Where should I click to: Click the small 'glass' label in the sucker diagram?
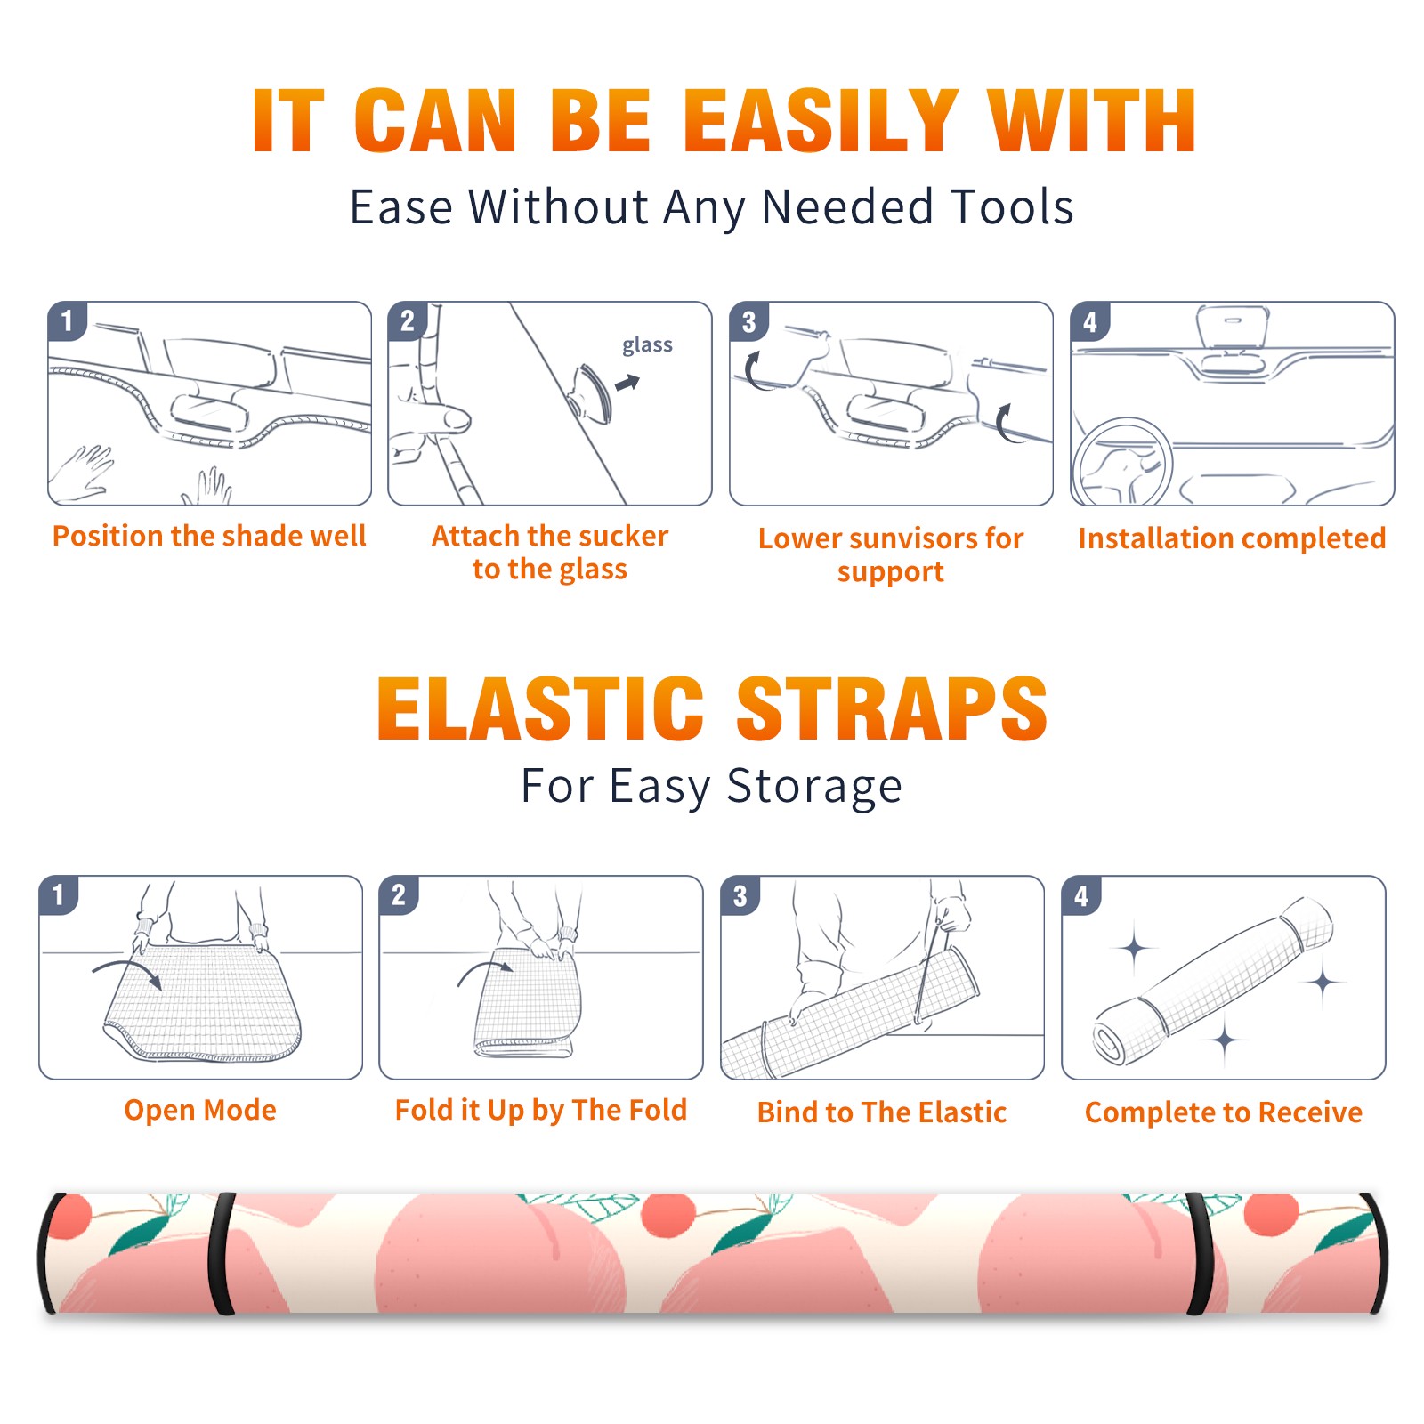647,345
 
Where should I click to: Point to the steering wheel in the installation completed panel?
1122,462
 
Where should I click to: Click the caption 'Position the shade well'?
209,536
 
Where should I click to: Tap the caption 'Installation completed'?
1232,538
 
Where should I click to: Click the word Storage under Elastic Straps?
814,786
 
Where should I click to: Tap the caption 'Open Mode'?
200,1110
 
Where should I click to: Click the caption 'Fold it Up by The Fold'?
541,1110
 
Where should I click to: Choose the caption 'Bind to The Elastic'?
882,1112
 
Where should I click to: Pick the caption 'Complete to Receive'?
1224,1112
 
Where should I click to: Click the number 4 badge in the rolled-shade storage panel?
1081,895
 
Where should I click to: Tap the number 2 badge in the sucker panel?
408,320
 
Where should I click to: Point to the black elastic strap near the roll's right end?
1201,1254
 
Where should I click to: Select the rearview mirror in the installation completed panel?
1232,326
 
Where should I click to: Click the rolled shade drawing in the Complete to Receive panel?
1213,981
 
